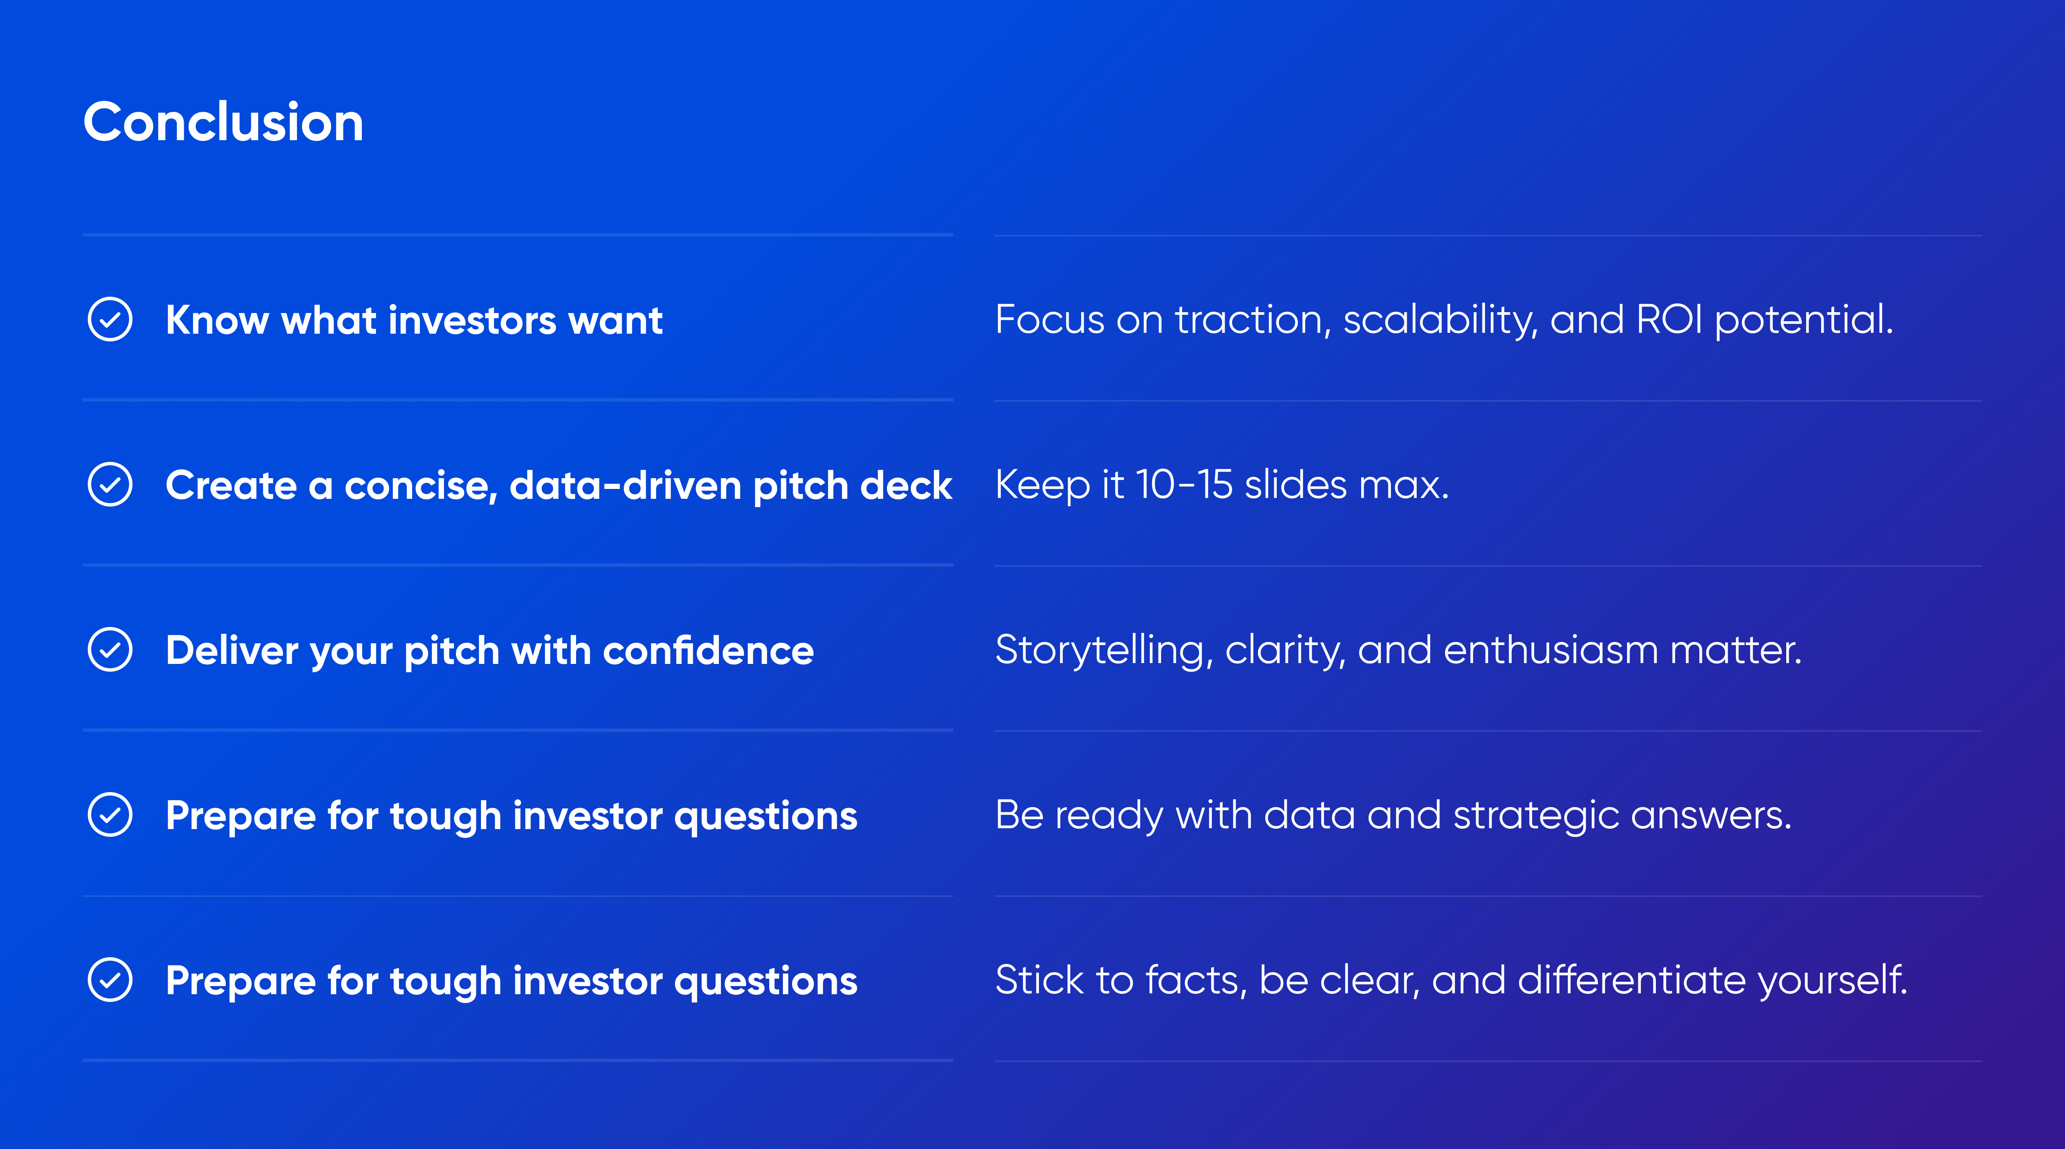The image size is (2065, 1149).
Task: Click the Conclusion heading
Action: tap(224, 123)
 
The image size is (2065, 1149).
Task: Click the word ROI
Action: tap(1669, 320)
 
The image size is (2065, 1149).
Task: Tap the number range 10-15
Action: tap(1184, 485)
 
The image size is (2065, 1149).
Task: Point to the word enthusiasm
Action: tap(1551, 650)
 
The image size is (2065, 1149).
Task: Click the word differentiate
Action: tap(1631, 980)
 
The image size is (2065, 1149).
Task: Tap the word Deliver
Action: tap(232, 650)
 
